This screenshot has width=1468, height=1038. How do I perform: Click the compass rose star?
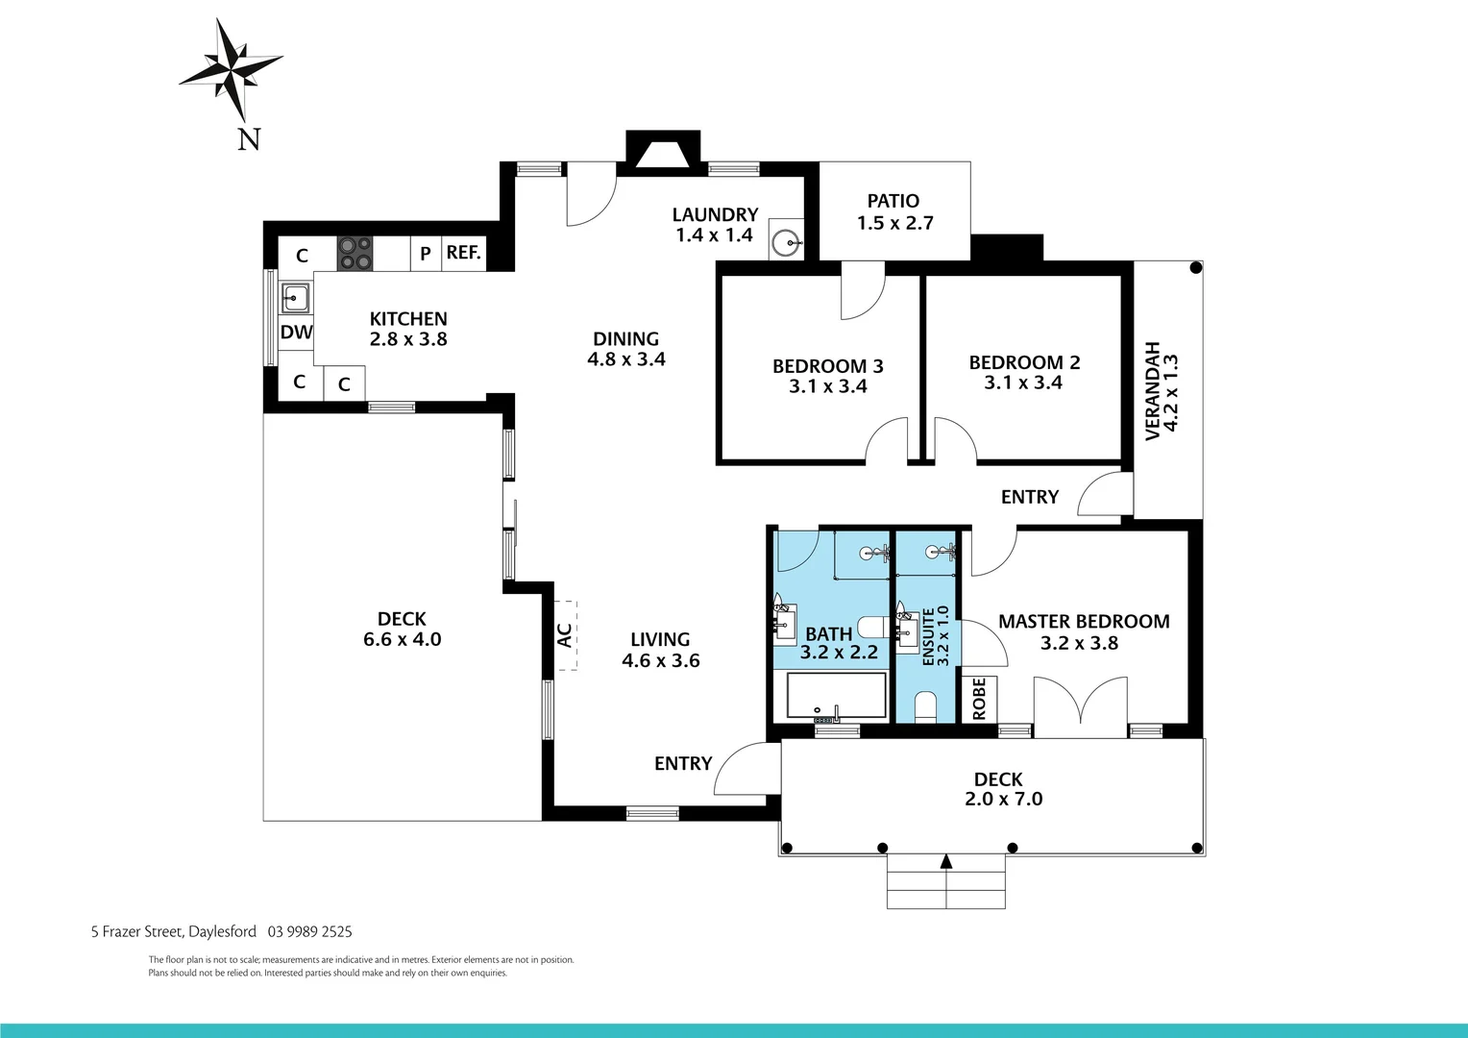click(231, 68)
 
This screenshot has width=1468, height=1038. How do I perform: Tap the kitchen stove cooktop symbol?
click(354, 253)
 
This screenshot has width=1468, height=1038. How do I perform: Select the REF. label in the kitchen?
click(463, 253)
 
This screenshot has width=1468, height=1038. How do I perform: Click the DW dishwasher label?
click(296, 333)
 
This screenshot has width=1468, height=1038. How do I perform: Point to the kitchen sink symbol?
click(295, 298)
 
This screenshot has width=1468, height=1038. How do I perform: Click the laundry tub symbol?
click(787, 244)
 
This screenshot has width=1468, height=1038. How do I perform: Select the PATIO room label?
click(893, 201)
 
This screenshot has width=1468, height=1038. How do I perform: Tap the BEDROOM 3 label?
click(827, 366)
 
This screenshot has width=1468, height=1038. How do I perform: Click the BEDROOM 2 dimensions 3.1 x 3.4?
click(1023, 383)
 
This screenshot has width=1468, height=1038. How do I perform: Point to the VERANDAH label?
click(1153, 390)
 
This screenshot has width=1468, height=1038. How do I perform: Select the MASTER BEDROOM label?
click(1084, 622)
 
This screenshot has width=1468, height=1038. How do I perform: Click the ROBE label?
click(979, 699)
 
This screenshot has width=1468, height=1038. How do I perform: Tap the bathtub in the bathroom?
click(836, 696)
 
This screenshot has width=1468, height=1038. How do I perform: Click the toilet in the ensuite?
click(926, 706)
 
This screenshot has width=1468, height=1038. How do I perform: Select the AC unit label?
click(564, 635)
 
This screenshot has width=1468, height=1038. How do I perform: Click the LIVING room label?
click(660, 639)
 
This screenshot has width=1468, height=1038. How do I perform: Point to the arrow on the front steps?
click(945, 861)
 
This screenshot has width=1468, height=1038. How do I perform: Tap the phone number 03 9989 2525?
click(310, 931)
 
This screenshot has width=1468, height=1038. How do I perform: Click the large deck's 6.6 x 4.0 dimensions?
click(402, 640)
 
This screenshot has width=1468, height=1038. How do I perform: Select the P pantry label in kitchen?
click(425, 254)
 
